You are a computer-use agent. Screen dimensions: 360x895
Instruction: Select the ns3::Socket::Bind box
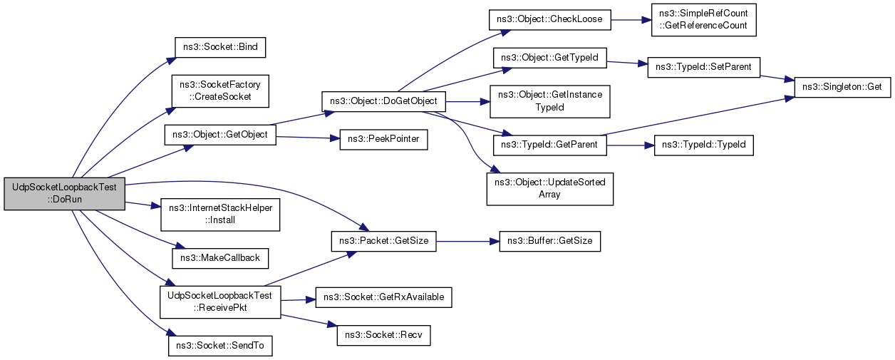click(x=220, y=48)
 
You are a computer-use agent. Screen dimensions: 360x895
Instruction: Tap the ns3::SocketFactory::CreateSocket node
click(x=220, y=91)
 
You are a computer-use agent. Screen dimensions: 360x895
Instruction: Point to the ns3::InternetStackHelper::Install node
click(x=220, y=214)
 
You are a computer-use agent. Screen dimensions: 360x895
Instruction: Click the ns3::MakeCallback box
click(x=220, y=257)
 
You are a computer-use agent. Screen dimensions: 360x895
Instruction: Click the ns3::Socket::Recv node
click(x=384, y=334)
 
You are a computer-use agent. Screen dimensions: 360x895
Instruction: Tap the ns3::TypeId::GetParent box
click(x=549, y=145)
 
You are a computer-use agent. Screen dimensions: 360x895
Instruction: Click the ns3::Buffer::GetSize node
click(x=549, y=241)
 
